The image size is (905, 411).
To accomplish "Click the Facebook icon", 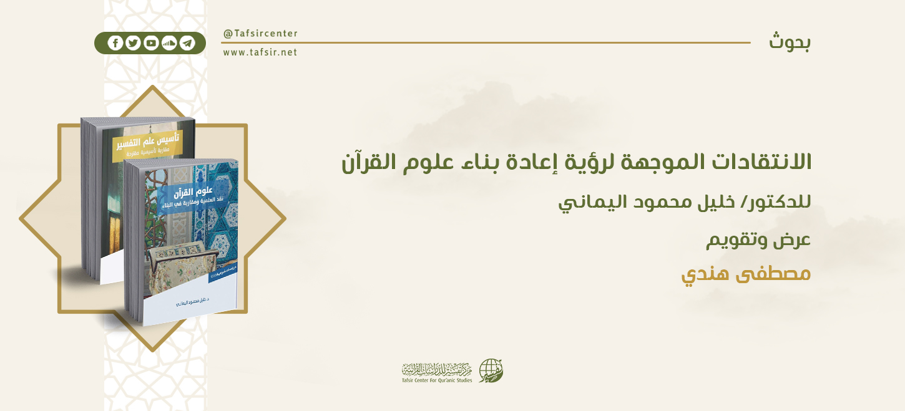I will (115, 43).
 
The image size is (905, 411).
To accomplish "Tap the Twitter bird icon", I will (133, 43).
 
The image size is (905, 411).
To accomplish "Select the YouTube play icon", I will (151, 43).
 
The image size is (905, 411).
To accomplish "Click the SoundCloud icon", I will (169, 43).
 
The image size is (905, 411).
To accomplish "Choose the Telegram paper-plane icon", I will (187, 43).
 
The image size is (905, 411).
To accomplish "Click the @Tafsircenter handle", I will (260, 34).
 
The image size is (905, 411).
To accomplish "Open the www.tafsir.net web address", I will (260, 52).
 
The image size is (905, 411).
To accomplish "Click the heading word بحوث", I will (790, 42).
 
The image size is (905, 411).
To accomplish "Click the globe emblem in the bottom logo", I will (491, 371).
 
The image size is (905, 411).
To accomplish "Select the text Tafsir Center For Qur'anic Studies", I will (437, 380).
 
